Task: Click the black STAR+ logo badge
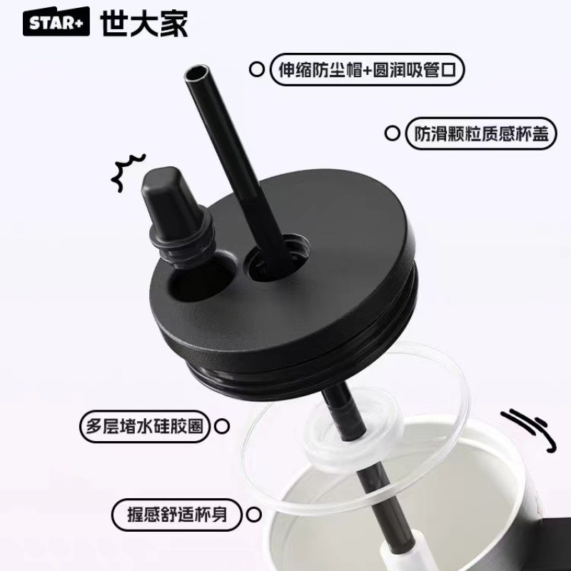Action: [x=56, y=21]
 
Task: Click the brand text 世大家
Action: [x=144, y=23]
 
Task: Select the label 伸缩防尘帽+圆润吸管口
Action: [x=367, y=69]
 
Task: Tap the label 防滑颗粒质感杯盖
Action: [x=481, y=133]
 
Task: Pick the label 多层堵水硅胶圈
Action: [x=145, y=426]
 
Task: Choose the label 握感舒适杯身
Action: [x=176, y=515]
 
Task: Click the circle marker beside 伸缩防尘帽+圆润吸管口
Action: [x=257, y=69]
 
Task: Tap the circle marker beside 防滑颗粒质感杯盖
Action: [x=392, y=133]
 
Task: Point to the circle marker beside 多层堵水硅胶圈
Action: [x=222, y=426]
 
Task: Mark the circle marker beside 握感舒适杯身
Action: [x=253, y=515]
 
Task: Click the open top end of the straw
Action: [x=197, y=73]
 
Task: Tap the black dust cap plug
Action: [x=175, y=215]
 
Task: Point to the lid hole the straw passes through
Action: [x=278, y=258]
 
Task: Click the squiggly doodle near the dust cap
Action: [x=128, y=172]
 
